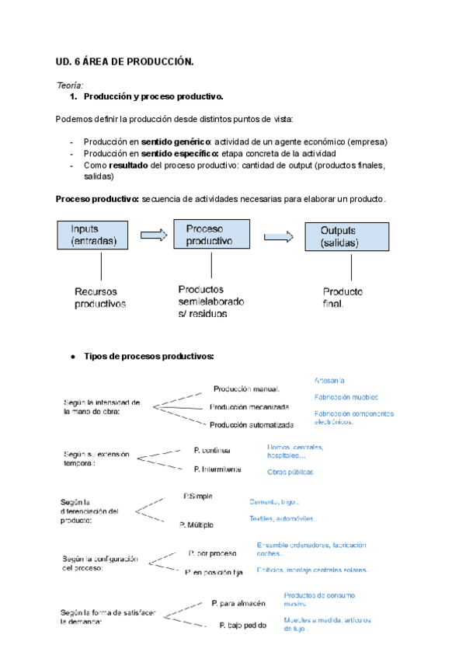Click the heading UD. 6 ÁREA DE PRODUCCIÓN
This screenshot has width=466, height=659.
[124, 62]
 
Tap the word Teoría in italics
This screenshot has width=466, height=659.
[70, 85]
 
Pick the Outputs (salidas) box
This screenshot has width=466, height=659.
[346, 237]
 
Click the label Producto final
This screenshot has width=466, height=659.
[343, 297]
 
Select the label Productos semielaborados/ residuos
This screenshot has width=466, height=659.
[210, 302]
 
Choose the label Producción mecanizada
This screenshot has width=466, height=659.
[249, 406]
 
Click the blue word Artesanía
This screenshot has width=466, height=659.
[329, 380]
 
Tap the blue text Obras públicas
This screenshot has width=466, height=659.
[290, 472]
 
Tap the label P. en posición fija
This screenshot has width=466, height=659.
[214, 572]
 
